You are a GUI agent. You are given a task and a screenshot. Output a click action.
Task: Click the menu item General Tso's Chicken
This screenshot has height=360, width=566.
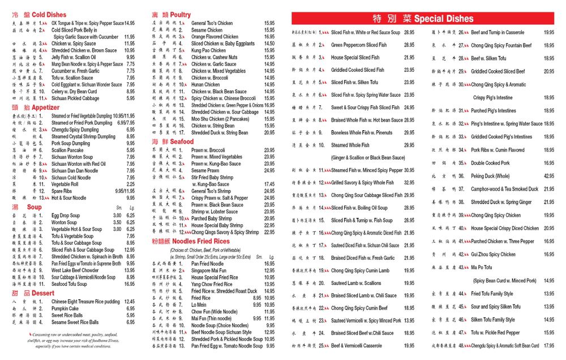click(x=212, y=23)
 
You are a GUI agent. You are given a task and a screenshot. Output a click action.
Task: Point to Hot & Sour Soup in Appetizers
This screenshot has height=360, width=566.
click(x=69, y=198)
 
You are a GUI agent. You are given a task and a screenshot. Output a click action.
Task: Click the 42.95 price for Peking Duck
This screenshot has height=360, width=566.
click(x=549, y=176)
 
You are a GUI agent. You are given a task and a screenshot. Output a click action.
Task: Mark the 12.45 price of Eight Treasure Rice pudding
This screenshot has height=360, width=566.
click(x=129, y=302)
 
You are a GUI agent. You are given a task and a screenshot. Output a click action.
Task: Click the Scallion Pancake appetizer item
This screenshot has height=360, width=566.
click(x=67, y=150)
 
